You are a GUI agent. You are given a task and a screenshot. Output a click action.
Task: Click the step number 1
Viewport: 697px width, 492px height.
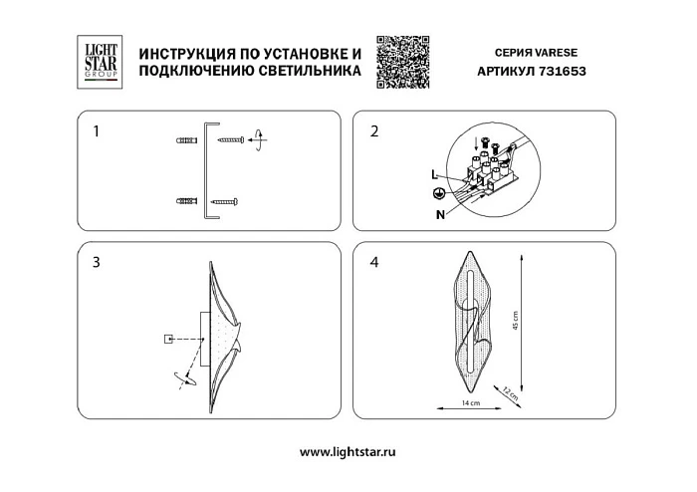(x=95, y=130)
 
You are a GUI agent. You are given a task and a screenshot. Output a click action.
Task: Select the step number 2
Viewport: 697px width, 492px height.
(x=374, y=130)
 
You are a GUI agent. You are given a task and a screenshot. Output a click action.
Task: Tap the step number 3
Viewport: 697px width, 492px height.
(x=96, y=263)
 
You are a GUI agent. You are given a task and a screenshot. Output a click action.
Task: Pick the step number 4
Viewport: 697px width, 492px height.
(x=374, y=263)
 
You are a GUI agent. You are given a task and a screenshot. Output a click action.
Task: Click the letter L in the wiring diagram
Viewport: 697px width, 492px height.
(x=435, y=174)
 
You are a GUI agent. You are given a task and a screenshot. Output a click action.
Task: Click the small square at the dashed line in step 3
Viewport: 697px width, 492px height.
(x=167, y=340)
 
